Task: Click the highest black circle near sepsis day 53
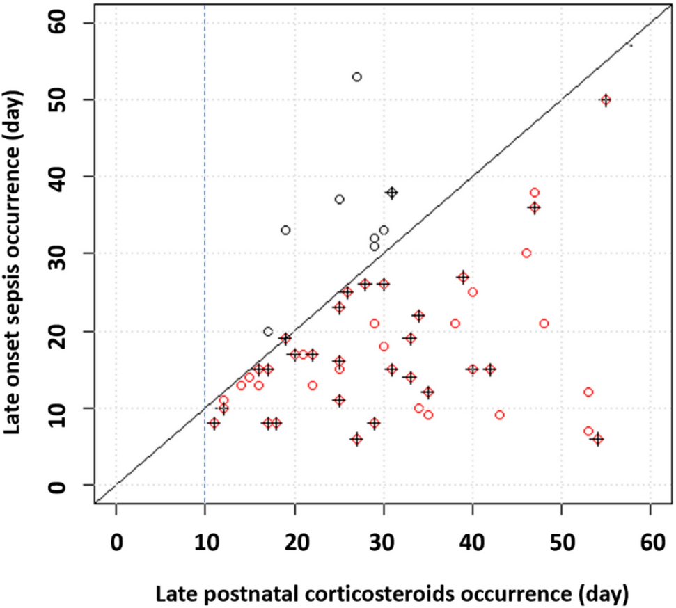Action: point(357,77)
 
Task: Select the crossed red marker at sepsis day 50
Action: point(606,100)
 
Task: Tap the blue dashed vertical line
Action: point(205,209)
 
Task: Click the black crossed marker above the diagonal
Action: point(392,193)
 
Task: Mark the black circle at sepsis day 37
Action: point(339,200)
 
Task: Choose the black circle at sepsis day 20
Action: point(268,332)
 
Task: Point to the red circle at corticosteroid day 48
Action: point(544,323)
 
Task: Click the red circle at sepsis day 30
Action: point(526,253)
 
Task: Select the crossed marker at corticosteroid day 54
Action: point(597,439)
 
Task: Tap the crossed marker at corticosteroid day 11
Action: point(214,423)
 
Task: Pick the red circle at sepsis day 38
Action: point(535,193)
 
